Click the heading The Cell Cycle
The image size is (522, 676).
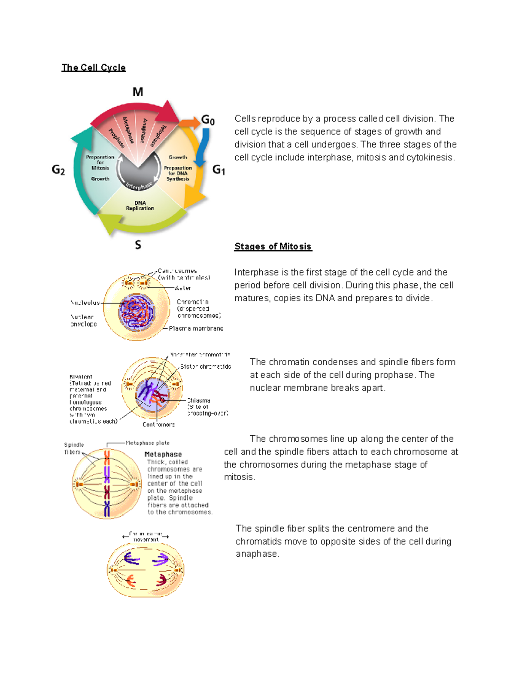point(94,67)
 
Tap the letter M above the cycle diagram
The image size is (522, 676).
point(137,92)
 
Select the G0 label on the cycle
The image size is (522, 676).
point(208,120)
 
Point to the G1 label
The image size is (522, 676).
point(219,170)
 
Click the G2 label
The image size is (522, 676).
point(58,170)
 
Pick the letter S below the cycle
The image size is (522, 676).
point(138,245)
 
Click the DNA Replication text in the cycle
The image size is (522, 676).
point(140,206)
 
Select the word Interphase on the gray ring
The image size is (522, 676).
point(139,186)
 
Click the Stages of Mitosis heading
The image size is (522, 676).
point(273,246)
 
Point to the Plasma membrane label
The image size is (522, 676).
point(196,329)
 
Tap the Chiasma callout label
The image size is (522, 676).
point(199,400)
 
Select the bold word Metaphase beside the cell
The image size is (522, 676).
point(163,454)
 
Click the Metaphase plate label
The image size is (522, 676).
point(147,443)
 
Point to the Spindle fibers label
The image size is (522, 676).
point(74,448)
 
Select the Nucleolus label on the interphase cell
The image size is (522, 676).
point(85,303)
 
